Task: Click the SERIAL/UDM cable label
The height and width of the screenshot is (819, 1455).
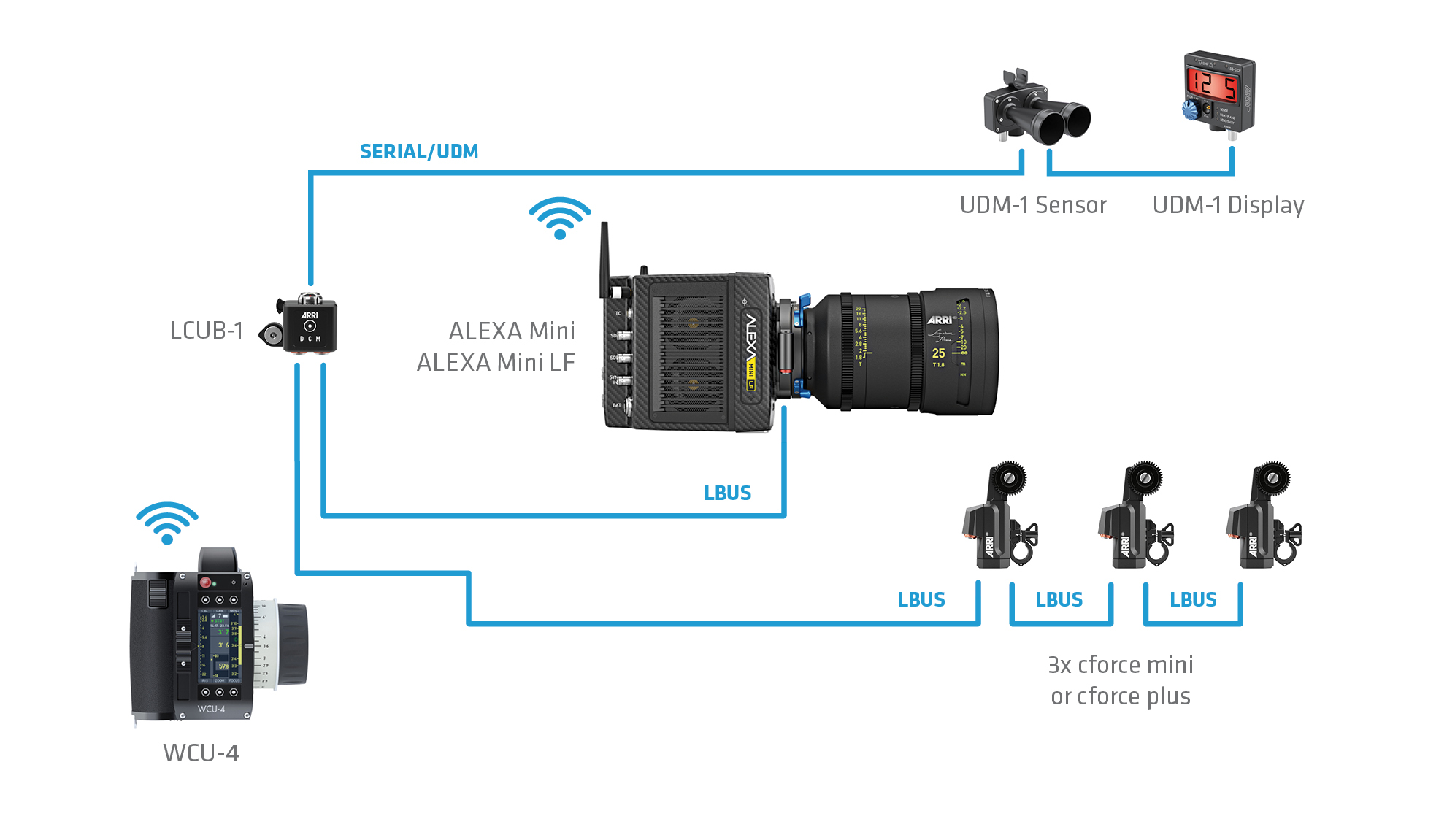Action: (x=419, y=152)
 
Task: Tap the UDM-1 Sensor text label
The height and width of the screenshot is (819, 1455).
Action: (x=1033, y=205)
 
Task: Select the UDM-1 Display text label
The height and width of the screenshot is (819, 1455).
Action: (x=1228, y=205)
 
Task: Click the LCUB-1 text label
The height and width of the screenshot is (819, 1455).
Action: (x=206, y=331)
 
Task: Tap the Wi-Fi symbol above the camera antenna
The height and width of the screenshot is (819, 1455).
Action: (x=560, y=218)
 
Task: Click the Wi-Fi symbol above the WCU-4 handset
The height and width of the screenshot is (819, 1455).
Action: (x=167, y=523)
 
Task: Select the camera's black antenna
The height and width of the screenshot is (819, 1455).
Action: (x=604, y=259)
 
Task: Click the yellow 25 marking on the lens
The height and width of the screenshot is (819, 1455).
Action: (x=938, y=353)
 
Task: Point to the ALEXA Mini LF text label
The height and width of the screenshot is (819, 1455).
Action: (x=496, y=363)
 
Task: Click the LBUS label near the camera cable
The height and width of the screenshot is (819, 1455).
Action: (x=727, y=493)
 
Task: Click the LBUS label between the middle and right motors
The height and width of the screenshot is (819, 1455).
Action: (x=1193, y=600)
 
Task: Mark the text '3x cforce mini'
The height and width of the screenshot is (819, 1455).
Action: (x=1120, y=665)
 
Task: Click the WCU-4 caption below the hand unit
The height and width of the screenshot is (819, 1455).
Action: (x=201, y=753)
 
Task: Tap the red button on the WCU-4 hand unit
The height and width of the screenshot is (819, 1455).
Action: (x=206, y=582)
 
